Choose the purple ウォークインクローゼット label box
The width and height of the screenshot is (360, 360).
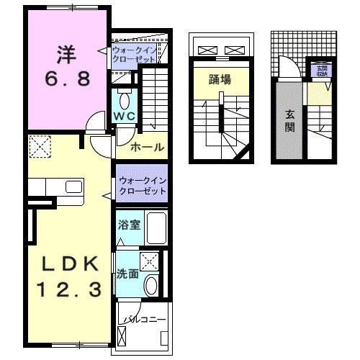[x=142, y=186]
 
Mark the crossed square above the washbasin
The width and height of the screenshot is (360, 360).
[x=150, y=261]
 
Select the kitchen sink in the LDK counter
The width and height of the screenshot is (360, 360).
[x=73, y=188]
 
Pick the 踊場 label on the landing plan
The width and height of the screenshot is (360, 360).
[x=220, y=80]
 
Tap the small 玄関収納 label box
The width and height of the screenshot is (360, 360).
[x=319, y=71]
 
